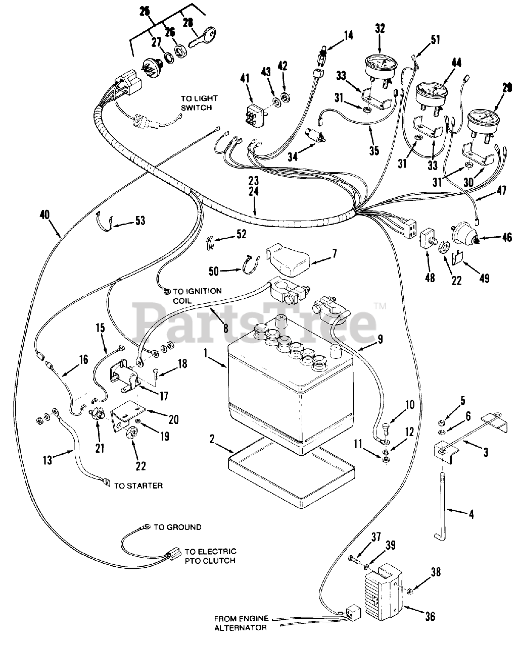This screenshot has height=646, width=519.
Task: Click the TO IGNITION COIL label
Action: coord(197,295)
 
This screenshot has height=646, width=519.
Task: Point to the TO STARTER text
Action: coord(138,486)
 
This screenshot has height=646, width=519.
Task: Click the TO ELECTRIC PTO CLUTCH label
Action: coord(210,556)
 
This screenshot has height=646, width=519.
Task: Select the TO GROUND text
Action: coord(177,527)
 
